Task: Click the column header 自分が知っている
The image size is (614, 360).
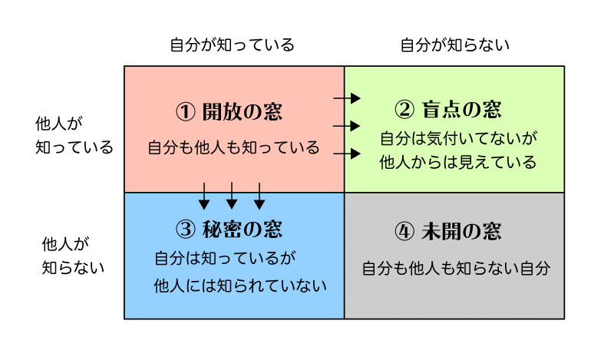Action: (x=232, y=45)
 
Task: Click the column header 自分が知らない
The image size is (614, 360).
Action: (x=455, y=45)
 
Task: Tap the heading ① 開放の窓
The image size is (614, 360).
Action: (x=229, y=112)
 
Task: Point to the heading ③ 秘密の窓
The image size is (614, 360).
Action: (x=229, y=229)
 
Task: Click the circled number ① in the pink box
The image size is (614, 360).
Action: (x=184, y=112)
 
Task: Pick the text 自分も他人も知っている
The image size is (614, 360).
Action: (x=233, y=148)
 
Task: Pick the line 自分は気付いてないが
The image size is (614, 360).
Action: (x=458, y=139)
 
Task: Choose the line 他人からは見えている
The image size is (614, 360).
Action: (x=458, y=163)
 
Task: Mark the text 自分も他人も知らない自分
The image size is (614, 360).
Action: (x=456, y=269)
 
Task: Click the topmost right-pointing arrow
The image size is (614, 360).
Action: (x=347, y=98)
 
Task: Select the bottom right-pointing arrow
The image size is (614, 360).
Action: (x=347, y=154)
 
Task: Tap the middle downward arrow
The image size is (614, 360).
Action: (x=232, y=196)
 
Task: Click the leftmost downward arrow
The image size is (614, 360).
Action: (x=204, y=196)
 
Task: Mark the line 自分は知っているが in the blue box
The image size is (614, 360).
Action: (x=226, y=258)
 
